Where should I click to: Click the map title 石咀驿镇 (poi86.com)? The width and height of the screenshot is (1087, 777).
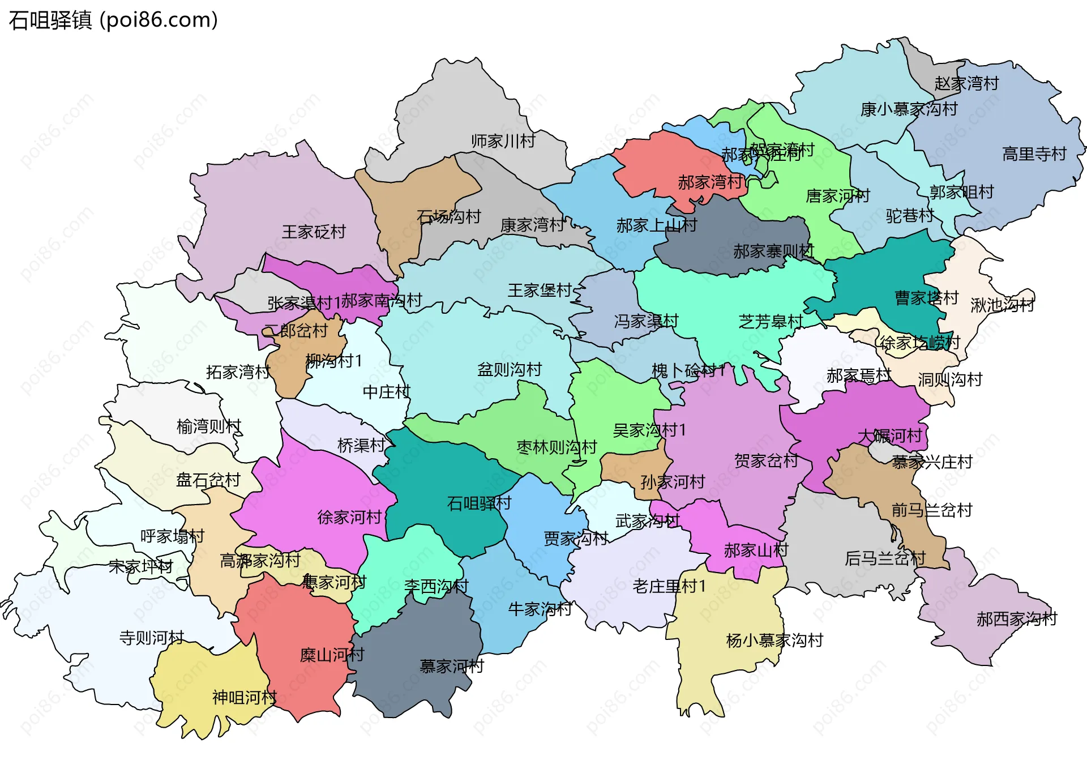(x=113, y=20)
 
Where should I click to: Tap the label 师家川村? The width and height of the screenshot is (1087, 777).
(x=503, y=141)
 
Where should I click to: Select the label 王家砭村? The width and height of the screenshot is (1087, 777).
(x=314, y=232)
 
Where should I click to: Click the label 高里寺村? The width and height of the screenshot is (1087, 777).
(x=1034, y=154)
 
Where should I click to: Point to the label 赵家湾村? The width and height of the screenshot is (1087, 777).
(x=966, y=84)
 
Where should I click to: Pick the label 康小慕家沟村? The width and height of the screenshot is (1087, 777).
(x=909, y=109)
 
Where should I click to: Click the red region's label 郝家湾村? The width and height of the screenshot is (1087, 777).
(x=710, y=182)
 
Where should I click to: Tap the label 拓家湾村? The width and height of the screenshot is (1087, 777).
(x=238, y=372)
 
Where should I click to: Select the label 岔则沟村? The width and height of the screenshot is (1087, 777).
(x=510, y=370)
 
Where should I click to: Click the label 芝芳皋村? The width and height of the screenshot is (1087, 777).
(x=771, y=322)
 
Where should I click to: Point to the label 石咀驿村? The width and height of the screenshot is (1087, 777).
(x=479, y=503)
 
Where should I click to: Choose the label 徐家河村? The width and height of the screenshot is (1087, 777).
(x=349, y=517)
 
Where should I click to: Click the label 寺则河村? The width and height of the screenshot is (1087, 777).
(x=152, y=638)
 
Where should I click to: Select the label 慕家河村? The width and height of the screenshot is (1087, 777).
(x=451, y=666)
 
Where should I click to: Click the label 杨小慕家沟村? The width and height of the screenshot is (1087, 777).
(x=774, y=641)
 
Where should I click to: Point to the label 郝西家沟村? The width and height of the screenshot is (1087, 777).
(x=1016, y=619)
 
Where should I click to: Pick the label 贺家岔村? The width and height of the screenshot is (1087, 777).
(x=766, y=461)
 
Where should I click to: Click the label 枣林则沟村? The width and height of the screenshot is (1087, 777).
(x=557, y=447)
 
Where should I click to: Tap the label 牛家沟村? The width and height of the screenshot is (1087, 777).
(x=540, y=609)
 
